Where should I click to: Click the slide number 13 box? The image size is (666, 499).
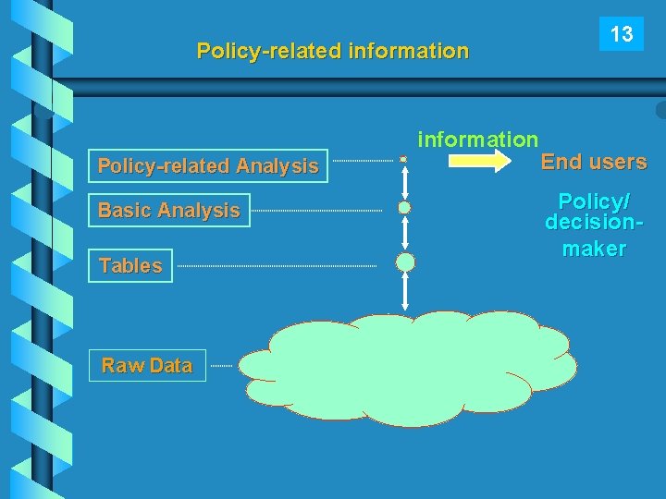coord(622,35)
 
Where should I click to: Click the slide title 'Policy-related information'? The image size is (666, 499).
coord(333,51)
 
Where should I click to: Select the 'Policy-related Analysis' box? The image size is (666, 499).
coord(208,166)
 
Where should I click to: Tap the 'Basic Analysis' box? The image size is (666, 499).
coord(169,211)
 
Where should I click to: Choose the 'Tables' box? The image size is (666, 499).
coord(130,266)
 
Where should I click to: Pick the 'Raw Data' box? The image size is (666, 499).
coord(147,366)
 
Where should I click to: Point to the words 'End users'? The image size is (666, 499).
coord(594,162)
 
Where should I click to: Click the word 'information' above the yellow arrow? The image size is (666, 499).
coord(477,140)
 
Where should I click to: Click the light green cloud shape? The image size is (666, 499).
coord(407,367)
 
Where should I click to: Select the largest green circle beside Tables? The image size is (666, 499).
coord(405,262)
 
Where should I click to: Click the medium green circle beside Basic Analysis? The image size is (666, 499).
coord(404,208)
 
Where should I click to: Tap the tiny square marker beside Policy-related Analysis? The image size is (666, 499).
coord(403,160)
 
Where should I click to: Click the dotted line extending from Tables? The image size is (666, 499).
coord(277,267)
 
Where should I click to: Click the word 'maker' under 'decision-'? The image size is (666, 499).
coord(594,249)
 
